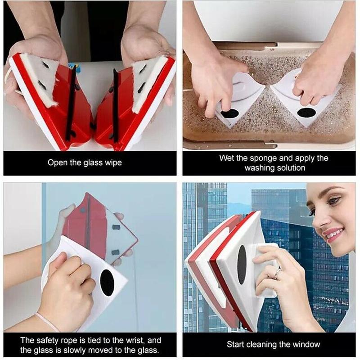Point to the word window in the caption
(x=307, y=345)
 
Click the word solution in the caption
(x=290, y=168)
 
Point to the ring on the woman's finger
(x=277, y=271)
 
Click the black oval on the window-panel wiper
(x=107, y=283)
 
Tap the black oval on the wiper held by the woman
(x=242, y=265)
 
